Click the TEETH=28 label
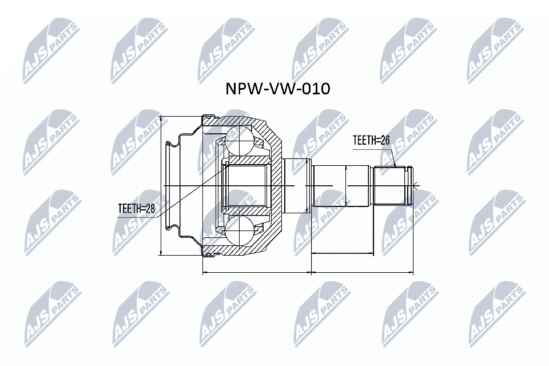click(136, 209)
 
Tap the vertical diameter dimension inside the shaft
click(347, 185)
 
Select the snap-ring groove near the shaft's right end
click(407, 185)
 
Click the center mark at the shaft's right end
click(416, 185)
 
